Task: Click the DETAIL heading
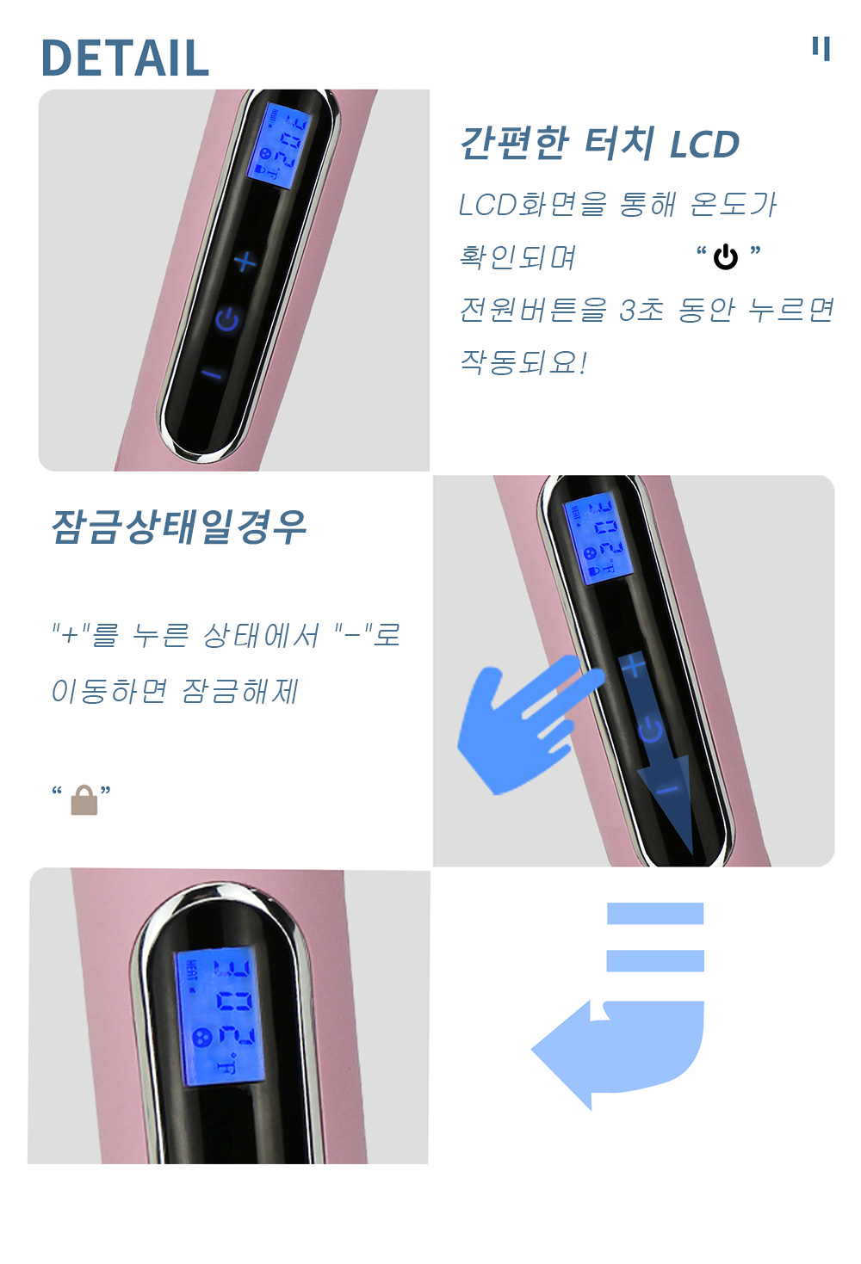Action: click(125, 58)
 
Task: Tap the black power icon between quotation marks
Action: click(725, 257)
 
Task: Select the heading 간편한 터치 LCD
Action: click(599, 144)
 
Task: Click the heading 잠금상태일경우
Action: click(178, 527)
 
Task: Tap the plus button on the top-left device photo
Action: click(245, 262)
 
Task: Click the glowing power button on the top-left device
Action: click(227, 320)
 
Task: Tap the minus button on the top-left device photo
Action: click(213, 374)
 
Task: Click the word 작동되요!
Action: click(523, 362)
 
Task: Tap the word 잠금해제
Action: click(240, 691)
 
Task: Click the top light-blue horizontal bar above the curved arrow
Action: click(655, 913)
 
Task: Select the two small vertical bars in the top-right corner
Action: click(821, 48)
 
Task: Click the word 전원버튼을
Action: click(533, 310)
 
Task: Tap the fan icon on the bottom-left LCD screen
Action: click(202, 1037)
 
